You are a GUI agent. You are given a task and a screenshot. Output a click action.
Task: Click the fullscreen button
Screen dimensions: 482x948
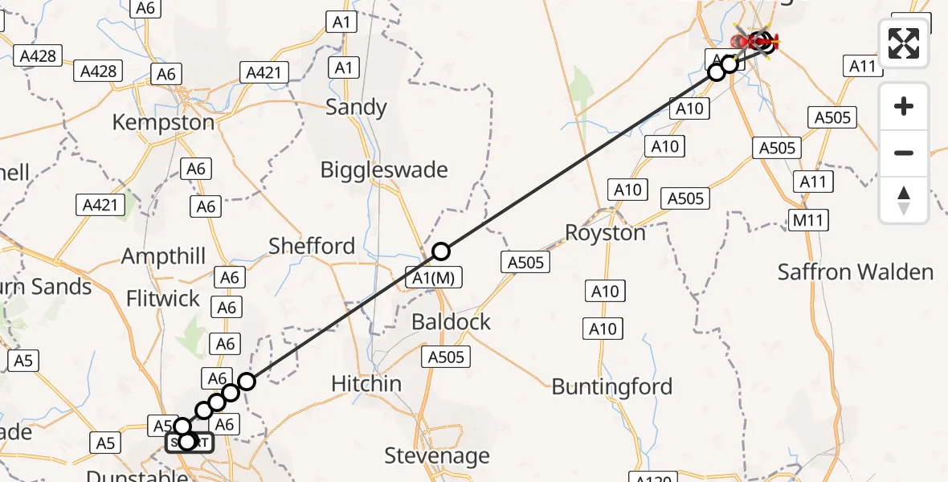click(904, 43)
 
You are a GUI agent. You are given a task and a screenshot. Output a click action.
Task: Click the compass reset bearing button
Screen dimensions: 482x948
click(904, 200)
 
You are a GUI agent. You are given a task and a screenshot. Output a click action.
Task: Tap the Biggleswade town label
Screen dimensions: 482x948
click(384, 170)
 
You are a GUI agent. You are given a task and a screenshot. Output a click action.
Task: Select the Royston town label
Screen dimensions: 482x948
click(605, 233)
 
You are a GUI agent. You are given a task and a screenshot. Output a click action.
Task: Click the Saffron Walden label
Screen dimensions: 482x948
click(856, 272)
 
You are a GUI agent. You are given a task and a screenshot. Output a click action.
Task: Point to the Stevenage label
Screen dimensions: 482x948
click(437, 456)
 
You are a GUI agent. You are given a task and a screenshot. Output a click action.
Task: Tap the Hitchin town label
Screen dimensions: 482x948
click(366, 384)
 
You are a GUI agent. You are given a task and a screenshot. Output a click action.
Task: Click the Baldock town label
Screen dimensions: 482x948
click(451, 322)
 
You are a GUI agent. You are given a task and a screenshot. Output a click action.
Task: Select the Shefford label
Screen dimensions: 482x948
click(312, 246)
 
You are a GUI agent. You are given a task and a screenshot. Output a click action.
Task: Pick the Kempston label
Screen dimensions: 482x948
click(163, 122)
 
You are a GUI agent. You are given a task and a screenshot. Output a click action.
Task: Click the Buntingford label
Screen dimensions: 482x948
click(612, 386)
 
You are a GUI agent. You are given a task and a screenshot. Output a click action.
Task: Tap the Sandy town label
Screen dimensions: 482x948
click(356, 108)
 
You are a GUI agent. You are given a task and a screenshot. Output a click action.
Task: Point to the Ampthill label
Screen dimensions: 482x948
click(164, 257)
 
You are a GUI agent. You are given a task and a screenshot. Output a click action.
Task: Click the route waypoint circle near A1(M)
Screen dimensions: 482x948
click(441, 251)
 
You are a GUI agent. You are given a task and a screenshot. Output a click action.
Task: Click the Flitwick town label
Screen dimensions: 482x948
click(163, 299)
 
